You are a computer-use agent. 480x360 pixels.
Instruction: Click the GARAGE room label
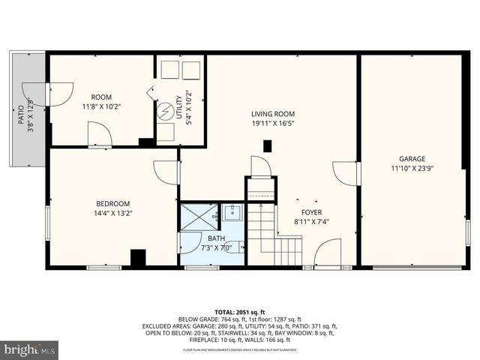412,159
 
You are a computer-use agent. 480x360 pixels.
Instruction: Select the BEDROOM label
112,203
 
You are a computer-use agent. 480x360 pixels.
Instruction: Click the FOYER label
311,212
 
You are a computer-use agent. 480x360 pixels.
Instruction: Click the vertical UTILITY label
178,109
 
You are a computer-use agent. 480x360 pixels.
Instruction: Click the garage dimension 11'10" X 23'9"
412,168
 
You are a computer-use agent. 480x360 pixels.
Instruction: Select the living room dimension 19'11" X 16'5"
272,123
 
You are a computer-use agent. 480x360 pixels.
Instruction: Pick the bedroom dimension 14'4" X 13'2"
112,213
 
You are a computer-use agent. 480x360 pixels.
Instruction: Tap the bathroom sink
232,213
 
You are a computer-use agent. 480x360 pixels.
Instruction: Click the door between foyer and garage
348,172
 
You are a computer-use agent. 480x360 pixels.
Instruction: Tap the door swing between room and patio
58,94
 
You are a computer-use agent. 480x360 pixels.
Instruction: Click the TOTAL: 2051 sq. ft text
239,310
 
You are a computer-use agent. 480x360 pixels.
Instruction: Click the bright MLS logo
30,349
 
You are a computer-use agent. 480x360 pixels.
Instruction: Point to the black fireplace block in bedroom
138,258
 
